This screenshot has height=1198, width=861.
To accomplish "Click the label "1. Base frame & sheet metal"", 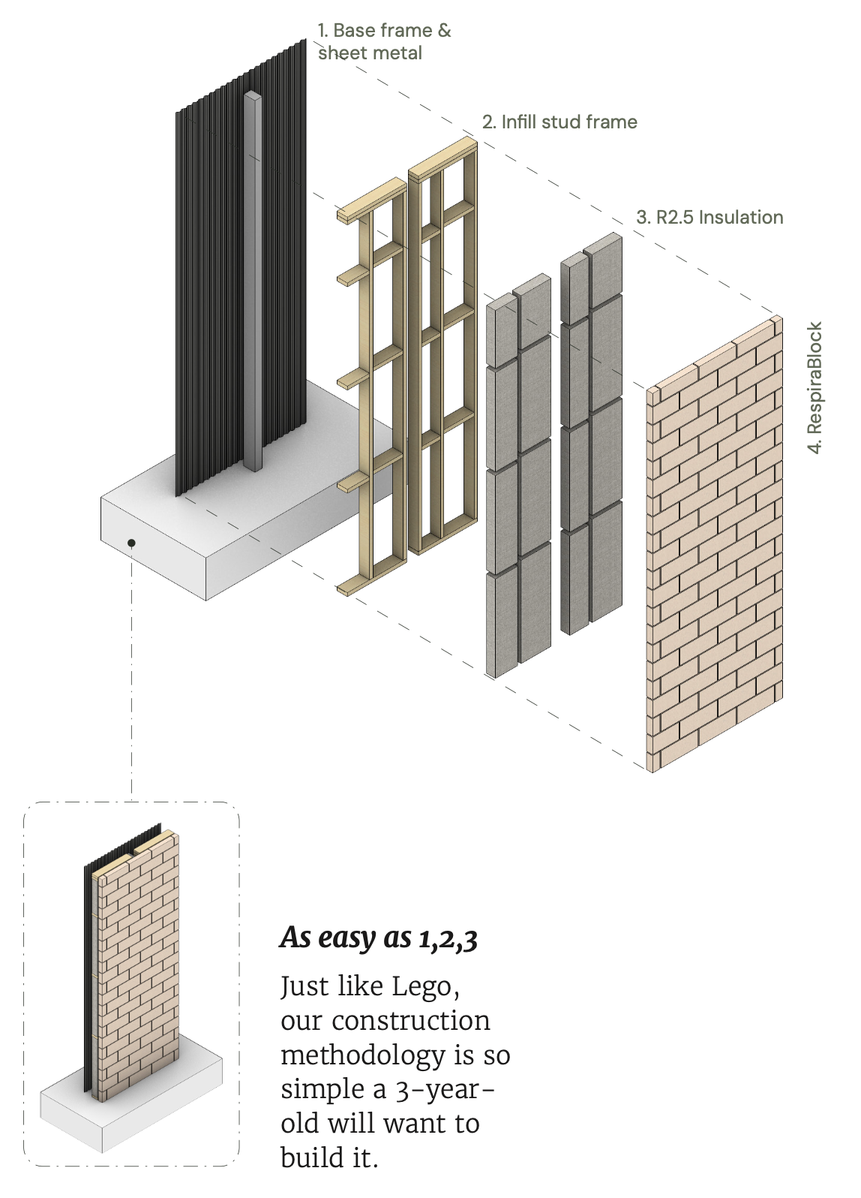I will pyautogui.click(x=383, y=41).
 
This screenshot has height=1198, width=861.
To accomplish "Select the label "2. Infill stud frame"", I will pyautogui.click(x=559, y=122).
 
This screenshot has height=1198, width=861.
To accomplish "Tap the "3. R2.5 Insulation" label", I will pyautogui.click(x=709, y=218).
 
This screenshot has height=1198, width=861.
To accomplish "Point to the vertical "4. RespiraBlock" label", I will pyautogui.click(x=815, y=387).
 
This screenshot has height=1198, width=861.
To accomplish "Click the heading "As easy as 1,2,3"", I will pyautogui.click(x=379, y=938).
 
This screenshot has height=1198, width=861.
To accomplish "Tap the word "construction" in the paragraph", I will pyautogui.click(x=411, y=1021).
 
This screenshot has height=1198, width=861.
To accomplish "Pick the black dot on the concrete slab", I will pyautogui.click(x=131, y=543).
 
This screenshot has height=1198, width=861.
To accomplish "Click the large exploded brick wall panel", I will pyautogui.click(x=716, y=548).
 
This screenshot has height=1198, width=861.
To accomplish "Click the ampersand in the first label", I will pyautogui.click(x=445, y=31).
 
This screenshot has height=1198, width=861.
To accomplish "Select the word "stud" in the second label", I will pyautogui.click(x=561, y=122).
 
